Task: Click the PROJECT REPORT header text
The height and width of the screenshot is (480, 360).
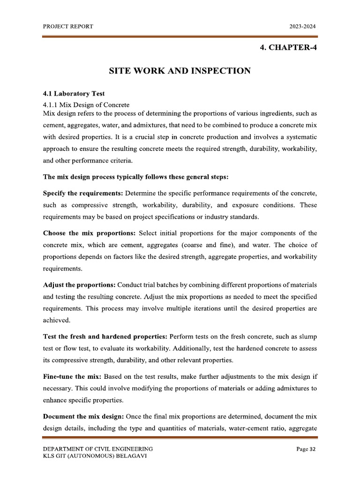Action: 68,27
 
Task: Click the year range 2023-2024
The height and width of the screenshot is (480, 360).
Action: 303,27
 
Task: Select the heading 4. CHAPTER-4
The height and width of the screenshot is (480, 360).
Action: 288,47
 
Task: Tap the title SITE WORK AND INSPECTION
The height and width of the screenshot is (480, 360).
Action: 180,71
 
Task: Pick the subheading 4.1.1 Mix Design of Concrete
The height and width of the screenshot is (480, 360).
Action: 86,105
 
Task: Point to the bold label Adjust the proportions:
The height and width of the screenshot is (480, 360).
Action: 79,285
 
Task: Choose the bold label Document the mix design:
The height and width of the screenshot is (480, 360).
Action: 83,417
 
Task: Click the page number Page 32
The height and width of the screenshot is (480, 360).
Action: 306,450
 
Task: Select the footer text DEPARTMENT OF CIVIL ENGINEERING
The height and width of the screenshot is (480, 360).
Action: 97,450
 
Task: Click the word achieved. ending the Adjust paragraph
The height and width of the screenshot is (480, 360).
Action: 57,321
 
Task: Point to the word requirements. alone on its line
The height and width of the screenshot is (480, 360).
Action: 62,269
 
